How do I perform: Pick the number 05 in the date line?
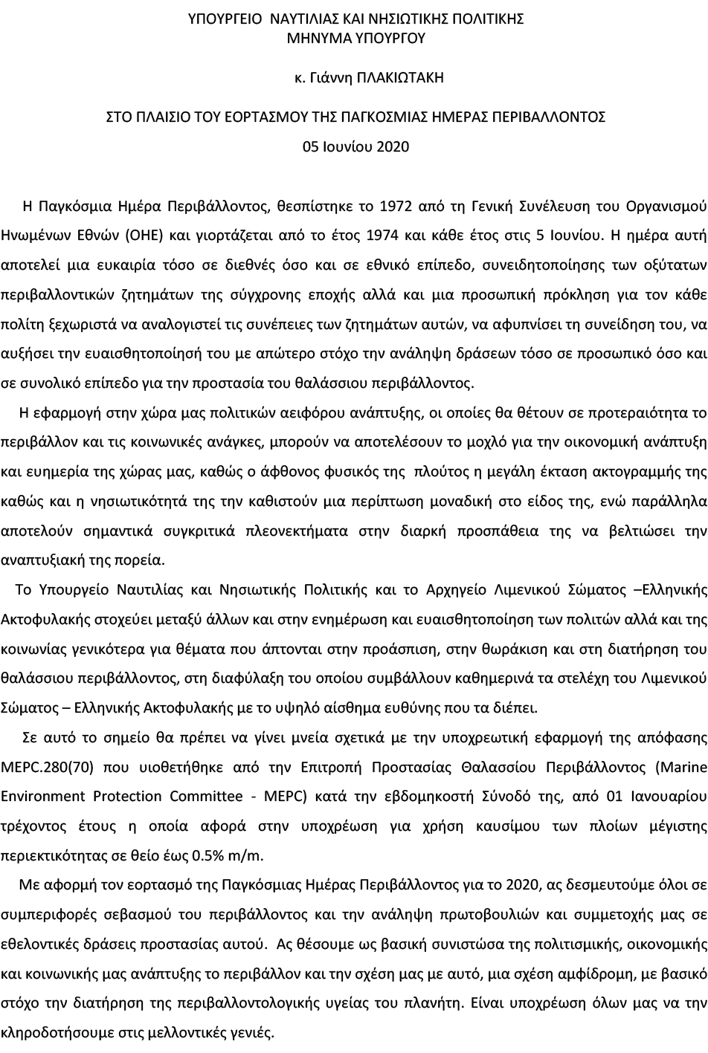pyautogui.click(x=310, y=146)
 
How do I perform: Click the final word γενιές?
pyautogui.click(x=253, y=1033)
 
